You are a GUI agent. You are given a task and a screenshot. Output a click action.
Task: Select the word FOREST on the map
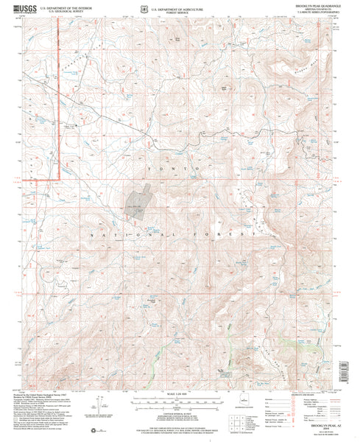coord(234,234)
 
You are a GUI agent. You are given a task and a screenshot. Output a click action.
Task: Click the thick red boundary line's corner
coord(58,177)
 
